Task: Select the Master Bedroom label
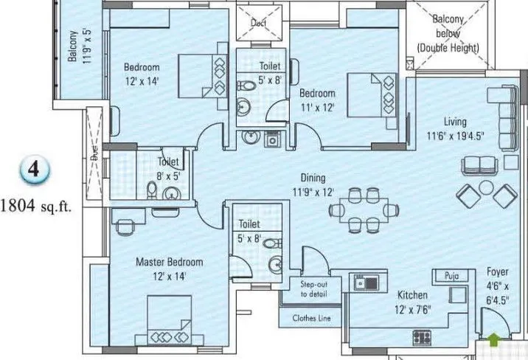coord(169,262)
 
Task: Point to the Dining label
coord(313,178)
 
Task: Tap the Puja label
coord(451,276)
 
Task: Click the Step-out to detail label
coord(313,288)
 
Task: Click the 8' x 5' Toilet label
coord(169,168)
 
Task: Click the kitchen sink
coord(366,283)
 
